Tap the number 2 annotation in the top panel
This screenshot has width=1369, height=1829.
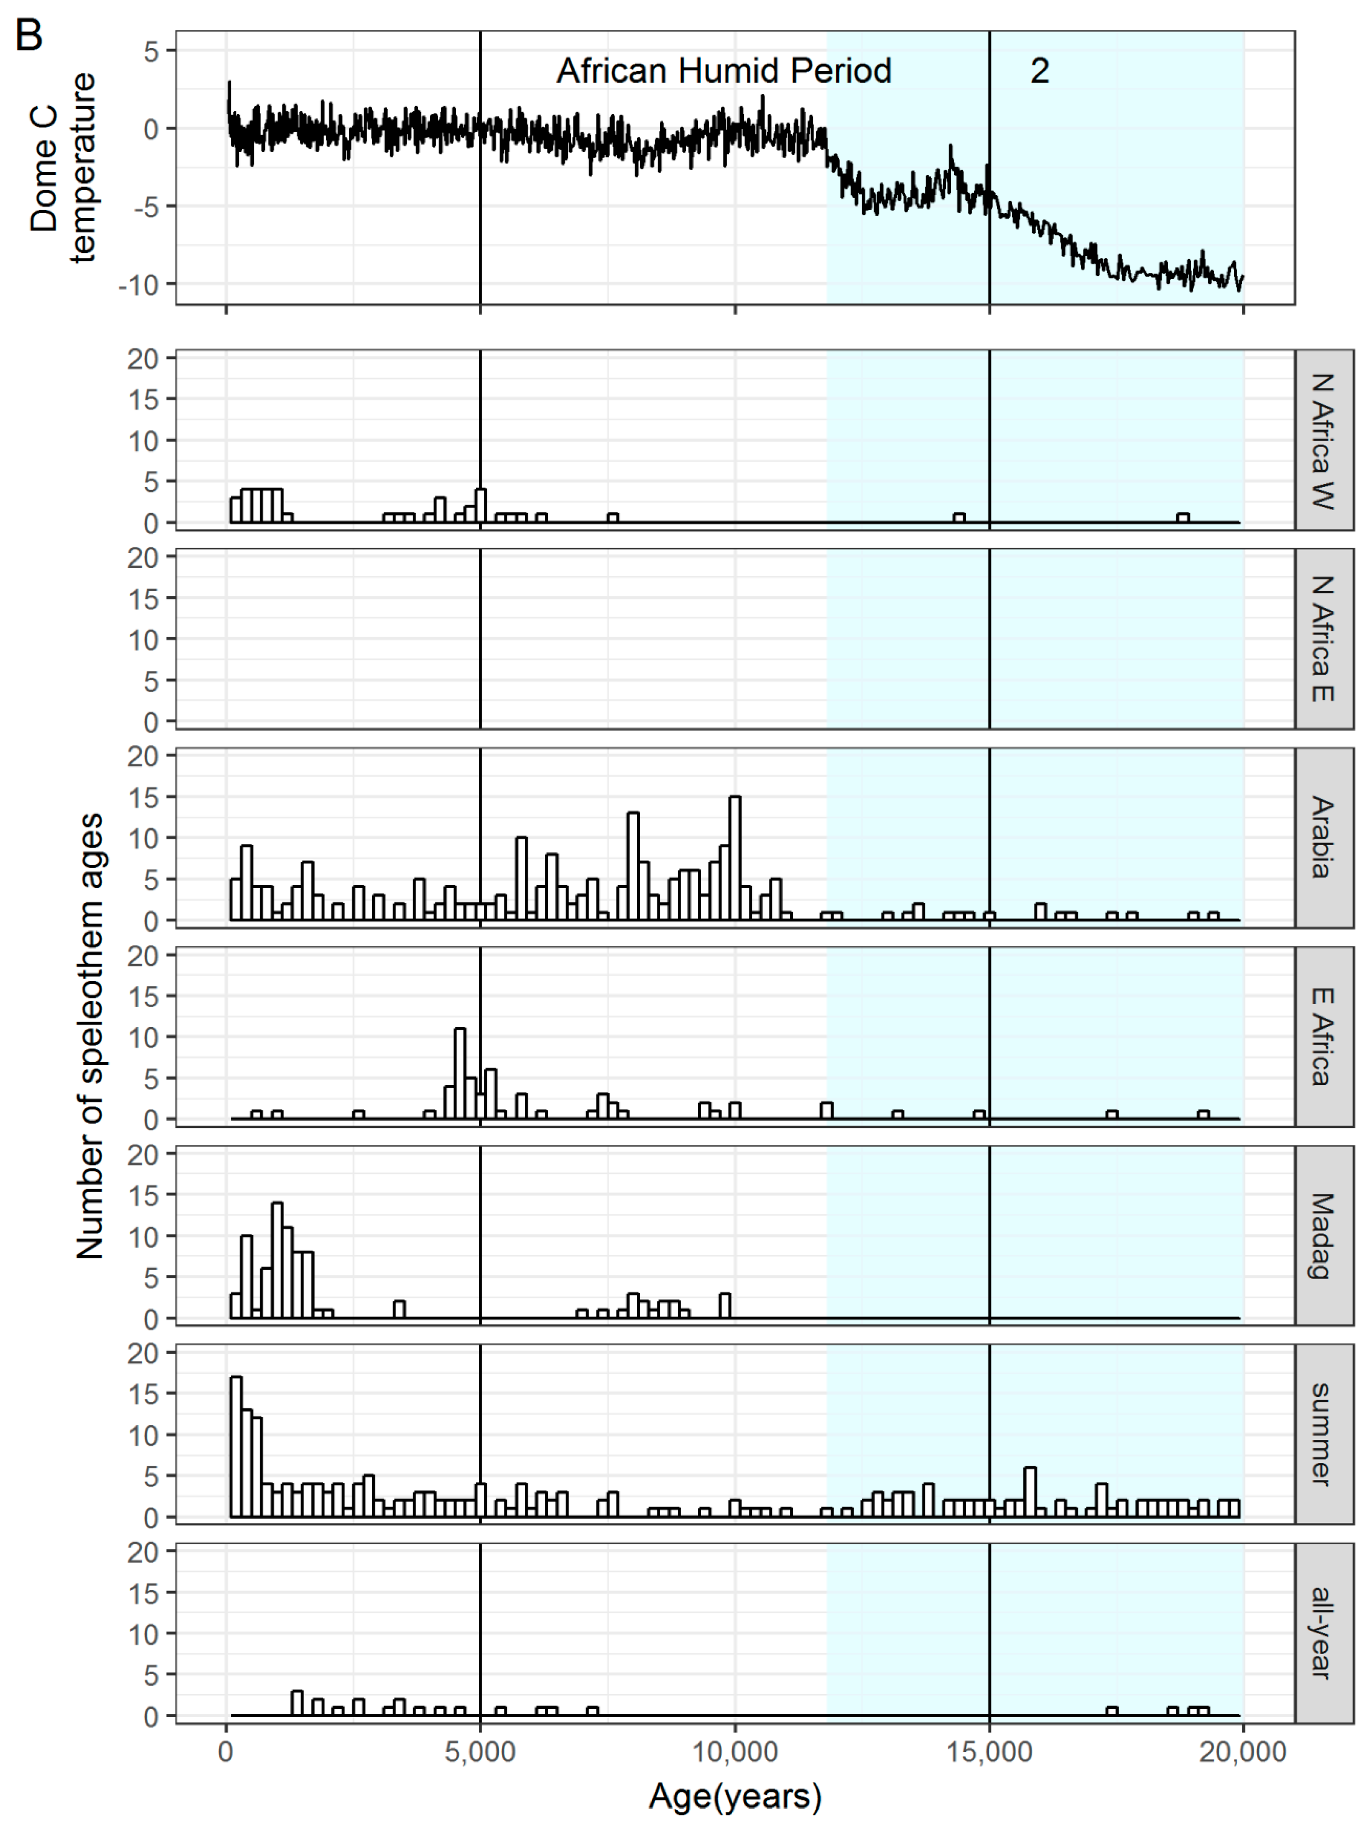click(1039, 71)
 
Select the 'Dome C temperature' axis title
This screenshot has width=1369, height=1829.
click(62, 168)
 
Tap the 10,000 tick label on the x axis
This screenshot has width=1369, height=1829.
click(735, 1751)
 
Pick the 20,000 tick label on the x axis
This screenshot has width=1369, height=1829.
click(1243, 1751)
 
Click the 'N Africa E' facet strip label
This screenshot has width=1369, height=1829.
click(1323, 639)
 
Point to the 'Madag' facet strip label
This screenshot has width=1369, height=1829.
click(1323, 1235)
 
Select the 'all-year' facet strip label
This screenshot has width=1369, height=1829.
click(1323, 1633)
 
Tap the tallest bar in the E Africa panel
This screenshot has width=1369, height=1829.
click(460, 1073)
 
